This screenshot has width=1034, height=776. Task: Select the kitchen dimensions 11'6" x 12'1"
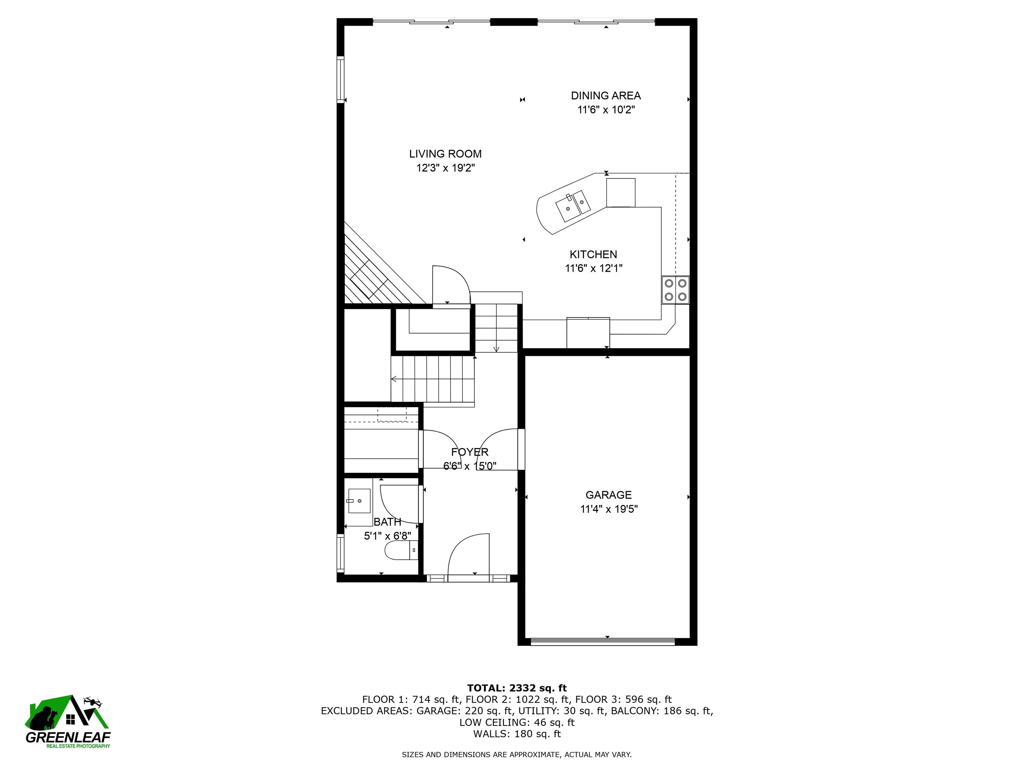click(594, 268)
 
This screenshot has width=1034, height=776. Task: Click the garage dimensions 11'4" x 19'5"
click(609, 509)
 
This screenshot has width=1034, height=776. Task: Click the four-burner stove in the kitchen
click(675, 290)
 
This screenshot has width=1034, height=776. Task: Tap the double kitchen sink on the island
click(573, 206)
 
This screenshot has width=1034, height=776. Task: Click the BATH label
click(387, 522)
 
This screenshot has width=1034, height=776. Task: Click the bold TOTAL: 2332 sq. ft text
click(517, 688)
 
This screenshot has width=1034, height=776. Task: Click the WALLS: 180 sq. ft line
click(517, 734)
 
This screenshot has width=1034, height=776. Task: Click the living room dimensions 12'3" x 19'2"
click(446, 168)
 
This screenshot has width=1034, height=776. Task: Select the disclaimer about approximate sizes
click(517, 754)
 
